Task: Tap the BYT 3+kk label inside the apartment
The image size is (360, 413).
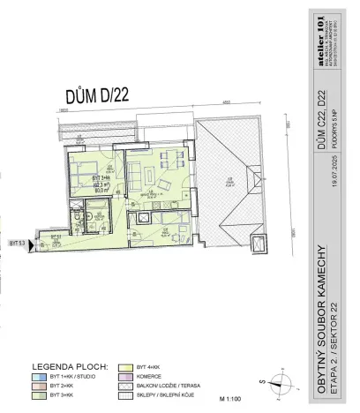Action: click(x=94, y=177)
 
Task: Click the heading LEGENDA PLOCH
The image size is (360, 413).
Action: click(x=70, y=365)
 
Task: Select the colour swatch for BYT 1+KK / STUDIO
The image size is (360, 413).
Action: click(x=41, y=376)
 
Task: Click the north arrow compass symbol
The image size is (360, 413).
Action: click(x=281, y=382)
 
